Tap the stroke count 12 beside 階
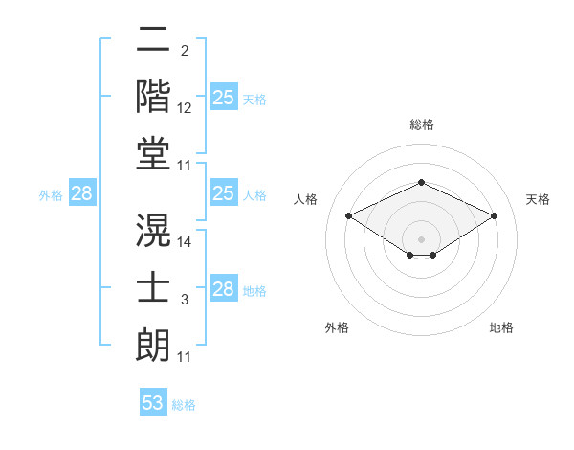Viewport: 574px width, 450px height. [185, 109]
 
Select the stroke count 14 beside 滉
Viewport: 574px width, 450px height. [185, 242]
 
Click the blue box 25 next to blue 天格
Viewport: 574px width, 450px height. [223, 98]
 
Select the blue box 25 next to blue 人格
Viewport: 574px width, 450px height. [223, 193]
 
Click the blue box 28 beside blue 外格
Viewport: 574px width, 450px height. [81, 194]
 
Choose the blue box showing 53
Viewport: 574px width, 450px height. [153, 403]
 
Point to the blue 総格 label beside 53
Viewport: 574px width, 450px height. [184, 405]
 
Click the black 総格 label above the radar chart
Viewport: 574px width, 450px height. [421, 124]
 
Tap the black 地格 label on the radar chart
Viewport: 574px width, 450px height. [501, 328]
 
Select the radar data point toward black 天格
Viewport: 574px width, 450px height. [494, 216]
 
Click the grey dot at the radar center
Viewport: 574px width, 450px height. [421, 237]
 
